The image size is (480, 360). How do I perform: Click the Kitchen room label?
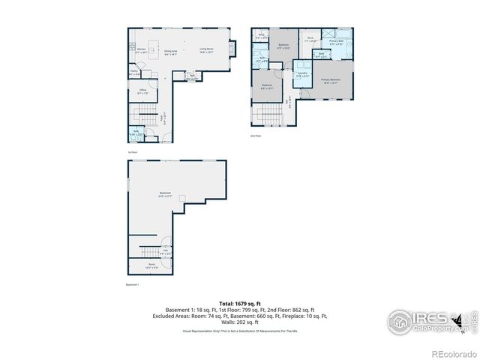point(140,52)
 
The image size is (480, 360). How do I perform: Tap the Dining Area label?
point(171,52)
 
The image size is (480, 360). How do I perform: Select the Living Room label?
point(206,51)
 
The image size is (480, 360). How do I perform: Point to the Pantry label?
point(134,73)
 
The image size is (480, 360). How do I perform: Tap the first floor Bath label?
point(136,133)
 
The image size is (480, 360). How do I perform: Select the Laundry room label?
point(301,74)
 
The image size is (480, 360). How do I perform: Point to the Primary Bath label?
point(337,43)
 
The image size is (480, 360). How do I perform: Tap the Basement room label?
point(165,194)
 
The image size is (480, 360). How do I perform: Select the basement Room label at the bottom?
point(151,265)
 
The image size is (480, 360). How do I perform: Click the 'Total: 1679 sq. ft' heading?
point(240,303)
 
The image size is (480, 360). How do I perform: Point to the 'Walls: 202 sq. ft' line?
point(240,321)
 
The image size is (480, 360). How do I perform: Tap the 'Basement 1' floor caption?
point(133,285)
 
